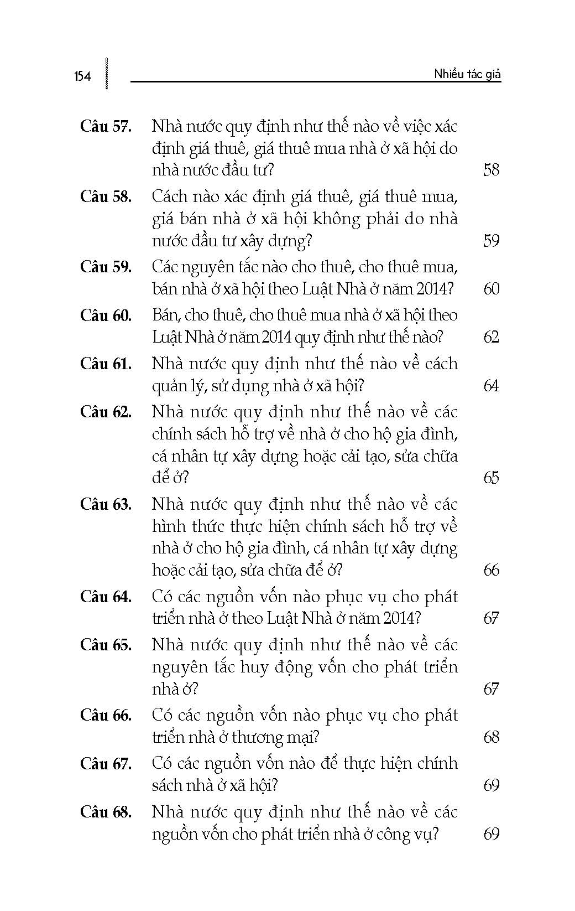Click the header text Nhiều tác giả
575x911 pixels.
click(467, 74)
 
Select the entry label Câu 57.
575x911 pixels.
click(106, 126)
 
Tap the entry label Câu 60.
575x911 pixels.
click(106, 315)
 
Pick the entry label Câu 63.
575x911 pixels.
click(106, 504)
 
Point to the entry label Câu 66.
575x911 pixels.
click(106, 715)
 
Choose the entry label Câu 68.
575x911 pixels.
click(106, 812)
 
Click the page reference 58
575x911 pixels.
click(491, 170)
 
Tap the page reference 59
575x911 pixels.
click(491, 241)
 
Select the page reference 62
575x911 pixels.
click(491, 337)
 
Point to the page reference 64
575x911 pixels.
click(491, 386)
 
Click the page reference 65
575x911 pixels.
click(491, 478)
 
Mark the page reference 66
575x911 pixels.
click(491, 570)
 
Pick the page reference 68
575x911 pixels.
click(491, 737)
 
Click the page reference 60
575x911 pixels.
click(491, 289)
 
